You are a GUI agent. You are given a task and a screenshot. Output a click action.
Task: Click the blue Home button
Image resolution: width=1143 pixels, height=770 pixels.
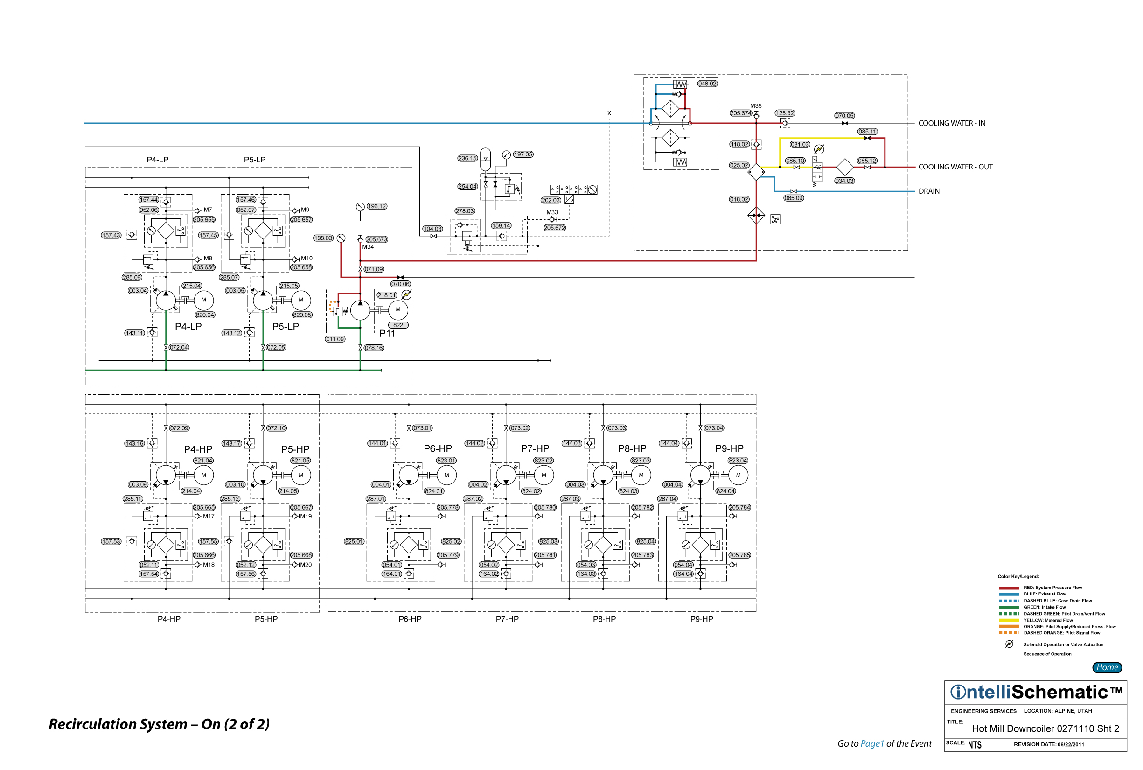pyautogui.click(x=1107, y=667)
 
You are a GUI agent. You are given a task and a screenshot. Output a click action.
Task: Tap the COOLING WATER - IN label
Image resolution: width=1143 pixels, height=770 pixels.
pyautogui.click(x=952, y=123)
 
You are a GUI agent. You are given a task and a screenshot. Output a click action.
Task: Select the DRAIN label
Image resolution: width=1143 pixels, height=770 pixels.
pyautogui.click(x=929, y=191)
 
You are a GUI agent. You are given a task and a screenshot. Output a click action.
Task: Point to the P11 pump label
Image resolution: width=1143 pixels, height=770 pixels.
pyautogui.click(x=387, y=334)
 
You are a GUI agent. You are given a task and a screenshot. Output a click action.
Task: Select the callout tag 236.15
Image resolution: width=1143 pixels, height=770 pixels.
pyautogui.click(x=467, y=158)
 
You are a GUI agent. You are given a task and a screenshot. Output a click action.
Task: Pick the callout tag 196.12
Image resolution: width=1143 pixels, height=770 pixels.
pyautogui.click(x=376, y=206)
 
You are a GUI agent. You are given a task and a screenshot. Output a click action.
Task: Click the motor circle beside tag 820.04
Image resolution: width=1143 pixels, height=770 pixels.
pyautogui.click(x=204, y=300)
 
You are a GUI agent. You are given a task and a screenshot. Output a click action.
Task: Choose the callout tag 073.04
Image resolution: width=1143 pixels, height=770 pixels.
pyautogui.click(x=713, y=428)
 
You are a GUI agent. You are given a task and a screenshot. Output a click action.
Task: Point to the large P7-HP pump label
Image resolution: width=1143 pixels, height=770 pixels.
pyautogui.click(x=535, y=448)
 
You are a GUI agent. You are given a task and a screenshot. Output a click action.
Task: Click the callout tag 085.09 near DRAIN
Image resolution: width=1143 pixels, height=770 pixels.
pyautogui.click(x=794, y=198)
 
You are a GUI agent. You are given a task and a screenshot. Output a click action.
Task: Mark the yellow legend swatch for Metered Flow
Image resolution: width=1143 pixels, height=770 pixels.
pyautogui.click(x=1009, y=620)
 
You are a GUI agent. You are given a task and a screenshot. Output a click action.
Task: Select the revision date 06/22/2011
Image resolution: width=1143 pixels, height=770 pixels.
pyautogui.click(x=1070, y=744)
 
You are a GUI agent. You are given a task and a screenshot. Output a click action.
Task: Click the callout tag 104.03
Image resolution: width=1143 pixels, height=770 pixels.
pyautogui.click(x=432, y=229)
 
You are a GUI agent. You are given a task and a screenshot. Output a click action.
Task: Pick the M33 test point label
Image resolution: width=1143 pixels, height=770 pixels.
pyautogui.click(x=552, y=213)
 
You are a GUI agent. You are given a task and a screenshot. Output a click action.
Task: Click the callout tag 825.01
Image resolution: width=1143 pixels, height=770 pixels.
pyautogui.click(x=354, y=542)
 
